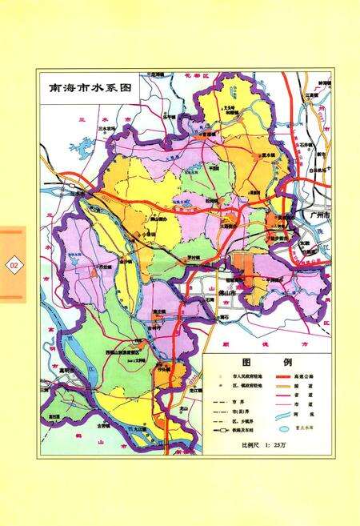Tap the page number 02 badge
tap(14, 263)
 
